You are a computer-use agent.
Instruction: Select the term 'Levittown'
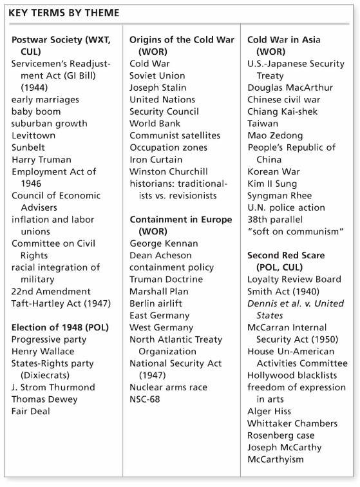(33, 135)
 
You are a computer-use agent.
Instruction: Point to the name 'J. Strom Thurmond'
(53, 387)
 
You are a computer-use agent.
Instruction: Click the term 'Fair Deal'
(30, 411)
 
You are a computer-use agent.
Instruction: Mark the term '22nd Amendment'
(51, 291)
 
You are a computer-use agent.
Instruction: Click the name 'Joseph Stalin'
(158, 88)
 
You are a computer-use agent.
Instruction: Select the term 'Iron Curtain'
(156, 159)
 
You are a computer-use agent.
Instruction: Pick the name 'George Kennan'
(164, 243)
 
